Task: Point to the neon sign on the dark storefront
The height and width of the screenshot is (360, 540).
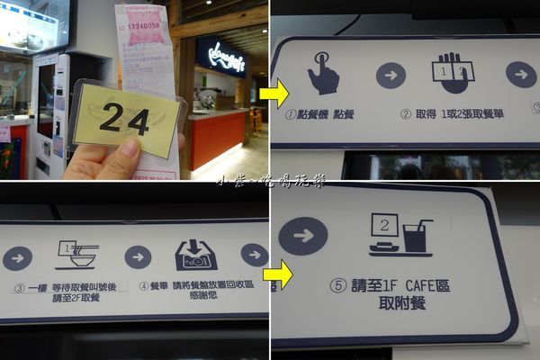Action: click(219, 57)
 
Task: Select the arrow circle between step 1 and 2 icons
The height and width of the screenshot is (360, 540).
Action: click(391, 75)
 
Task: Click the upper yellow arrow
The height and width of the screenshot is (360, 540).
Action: click(274, 92)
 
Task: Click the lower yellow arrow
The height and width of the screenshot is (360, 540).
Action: click(278, 274)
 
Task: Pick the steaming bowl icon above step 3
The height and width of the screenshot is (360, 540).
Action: click(76, 256)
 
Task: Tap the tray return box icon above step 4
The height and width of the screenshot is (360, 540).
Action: click(196, 256)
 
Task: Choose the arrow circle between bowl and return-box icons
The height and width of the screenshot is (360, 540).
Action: click(138, 257)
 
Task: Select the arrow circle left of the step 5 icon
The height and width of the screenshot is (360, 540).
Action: click(302, 236)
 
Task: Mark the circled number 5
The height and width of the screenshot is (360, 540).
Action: click(337, 285)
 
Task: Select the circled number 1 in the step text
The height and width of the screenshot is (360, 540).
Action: click(291, 114)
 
